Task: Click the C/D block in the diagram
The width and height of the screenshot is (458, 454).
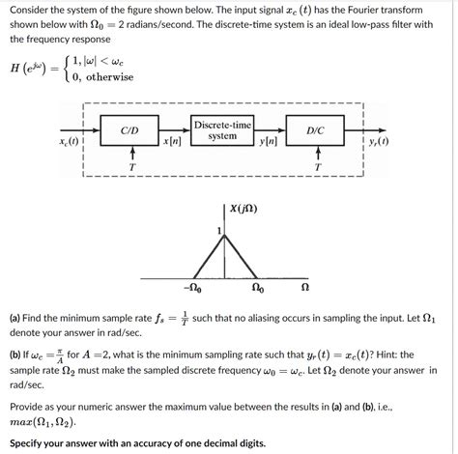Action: point(129,129)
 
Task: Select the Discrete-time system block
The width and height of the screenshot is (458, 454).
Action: point(222,130)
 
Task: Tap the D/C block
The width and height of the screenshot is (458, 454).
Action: point(315,129)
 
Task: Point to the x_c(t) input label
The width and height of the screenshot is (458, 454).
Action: point(71,142)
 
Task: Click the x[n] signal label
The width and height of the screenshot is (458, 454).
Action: point(173,142)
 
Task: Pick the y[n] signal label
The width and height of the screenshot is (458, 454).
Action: point(269,142)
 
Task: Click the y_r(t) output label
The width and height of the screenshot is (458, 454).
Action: point(378,142)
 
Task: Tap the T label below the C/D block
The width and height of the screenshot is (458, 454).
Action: point(131,167)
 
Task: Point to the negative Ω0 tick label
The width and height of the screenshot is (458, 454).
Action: point(192,287)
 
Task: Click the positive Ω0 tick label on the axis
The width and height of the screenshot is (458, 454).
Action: point(260,287)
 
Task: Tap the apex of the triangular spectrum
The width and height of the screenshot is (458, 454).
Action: point(226,232)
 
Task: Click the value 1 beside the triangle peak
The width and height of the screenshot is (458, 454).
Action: point(220,228)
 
